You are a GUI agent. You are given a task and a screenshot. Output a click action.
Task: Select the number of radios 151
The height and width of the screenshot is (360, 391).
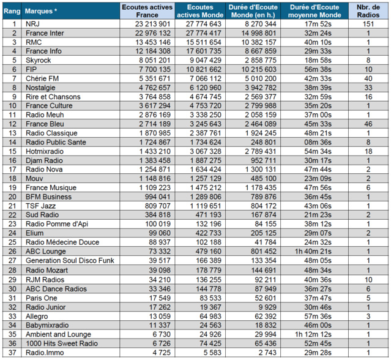(369, 24)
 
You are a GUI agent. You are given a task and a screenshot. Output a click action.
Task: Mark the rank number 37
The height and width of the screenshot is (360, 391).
(13, 352)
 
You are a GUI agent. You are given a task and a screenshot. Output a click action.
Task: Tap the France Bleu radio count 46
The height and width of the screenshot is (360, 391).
(369, 124)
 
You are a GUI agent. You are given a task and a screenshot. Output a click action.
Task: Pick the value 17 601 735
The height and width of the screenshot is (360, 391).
(200, 51)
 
